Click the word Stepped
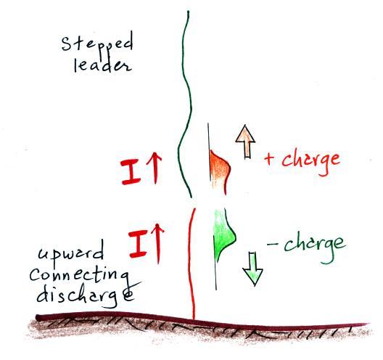point(97,44)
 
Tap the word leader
point(103,65)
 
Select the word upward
point(70,253)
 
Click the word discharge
point(86,296)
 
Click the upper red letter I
point(131,172)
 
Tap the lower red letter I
point(139,244)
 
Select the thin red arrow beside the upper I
point(155,168)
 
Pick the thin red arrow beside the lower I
point(158,244)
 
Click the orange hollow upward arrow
point(246,142)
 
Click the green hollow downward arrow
point(252,269)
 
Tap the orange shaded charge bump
point(219,171)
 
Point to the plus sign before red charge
point(270,159)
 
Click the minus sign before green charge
point(272,244)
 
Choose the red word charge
point(310,161)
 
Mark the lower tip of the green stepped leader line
point(191,197)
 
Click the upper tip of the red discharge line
point(194,209)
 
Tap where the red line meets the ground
point(194,318)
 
